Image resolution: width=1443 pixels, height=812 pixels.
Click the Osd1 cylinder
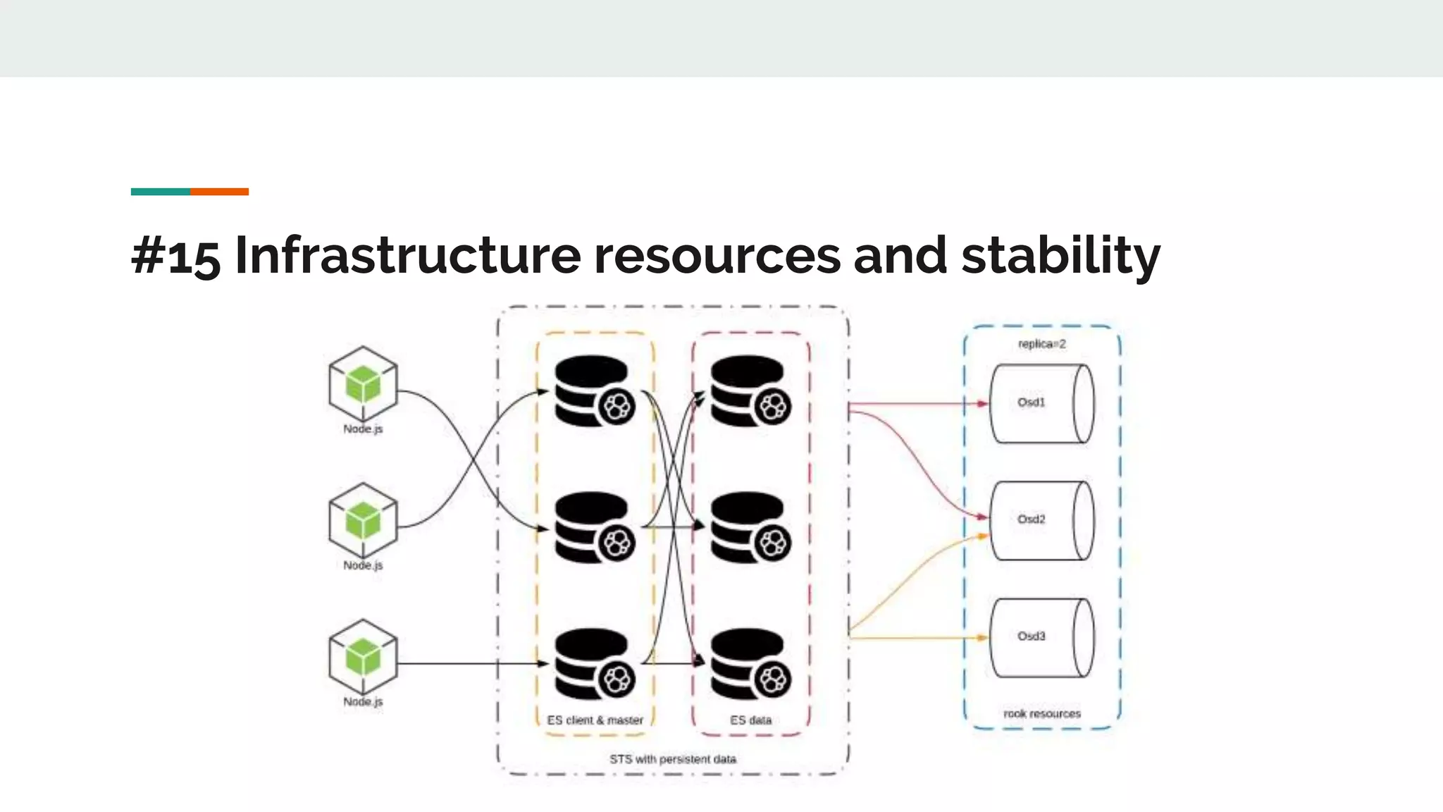(x=1041, y=404)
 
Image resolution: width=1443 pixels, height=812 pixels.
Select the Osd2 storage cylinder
(x=1041, y=520)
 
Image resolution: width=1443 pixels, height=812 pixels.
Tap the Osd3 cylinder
(x=1041, y=637)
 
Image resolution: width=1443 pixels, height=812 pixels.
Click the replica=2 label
(x=1041, y=344)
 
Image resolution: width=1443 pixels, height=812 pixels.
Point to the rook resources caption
(x=1041, y=713)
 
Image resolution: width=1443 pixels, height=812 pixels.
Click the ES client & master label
(x=595, y=720)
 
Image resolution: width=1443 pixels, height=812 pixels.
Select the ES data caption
(x=750, y=720)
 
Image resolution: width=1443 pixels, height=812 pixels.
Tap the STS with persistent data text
(x=672, y=759)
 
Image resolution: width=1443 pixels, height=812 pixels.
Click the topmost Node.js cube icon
(x=363, y=384)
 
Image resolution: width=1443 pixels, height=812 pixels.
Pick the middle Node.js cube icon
(x=363, y=521)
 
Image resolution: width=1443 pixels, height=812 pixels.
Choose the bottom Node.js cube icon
(x=363, y=657)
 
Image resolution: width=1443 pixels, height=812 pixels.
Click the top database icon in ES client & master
(x=593, y=390)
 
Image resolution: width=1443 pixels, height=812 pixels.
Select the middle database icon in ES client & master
(x=593, y=527)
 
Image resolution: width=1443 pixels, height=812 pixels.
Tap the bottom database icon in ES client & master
(x=593, y=663)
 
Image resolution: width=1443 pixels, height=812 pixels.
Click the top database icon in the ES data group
(x=750, y=390)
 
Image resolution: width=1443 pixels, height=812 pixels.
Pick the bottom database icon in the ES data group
(x=750, y=663)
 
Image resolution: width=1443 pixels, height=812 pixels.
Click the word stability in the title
(x=1060, y=255)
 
